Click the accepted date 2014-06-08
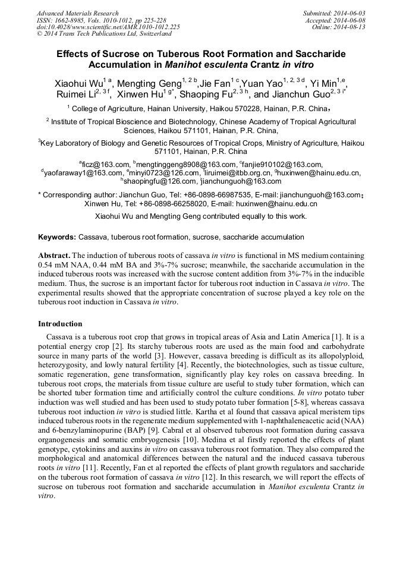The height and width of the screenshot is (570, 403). point(350,20)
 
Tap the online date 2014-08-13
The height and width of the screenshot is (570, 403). point(350,27)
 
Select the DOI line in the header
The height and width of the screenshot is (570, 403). point(109,27)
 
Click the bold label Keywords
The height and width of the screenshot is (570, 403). point(57,237)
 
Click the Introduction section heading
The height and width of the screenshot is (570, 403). point(60,324)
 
